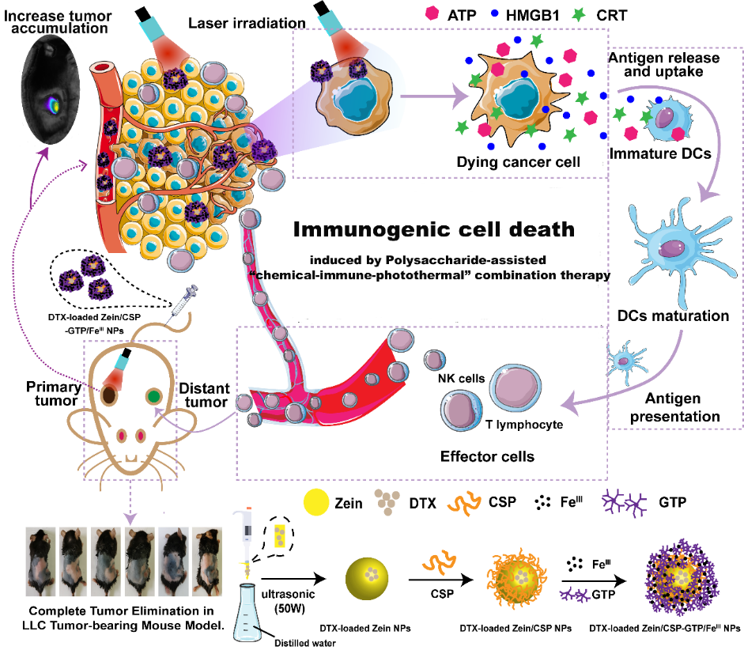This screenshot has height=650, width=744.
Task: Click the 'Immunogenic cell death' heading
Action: click(432, 229)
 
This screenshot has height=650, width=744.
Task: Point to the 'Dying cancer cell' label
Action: click(519, 162)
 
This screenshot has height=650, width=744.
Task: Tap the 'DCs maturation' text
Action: click(674, 316)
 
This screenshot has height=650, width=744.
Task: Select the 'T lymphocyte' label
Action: click(523, 425)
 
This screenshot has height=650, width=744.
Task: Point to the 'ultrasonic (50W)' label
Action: click(291, 599)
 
